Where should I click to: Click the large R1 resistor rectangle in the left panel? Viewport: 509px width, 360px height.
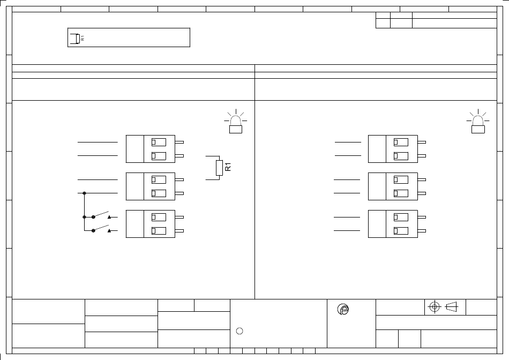219,168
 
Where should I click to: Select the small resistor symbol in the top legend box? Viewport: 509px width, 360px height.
78,38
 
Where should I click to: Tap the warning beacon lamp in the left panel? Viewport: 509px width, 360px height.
235,124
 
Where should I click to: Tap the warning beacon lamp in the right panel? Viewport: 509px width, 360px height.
477,124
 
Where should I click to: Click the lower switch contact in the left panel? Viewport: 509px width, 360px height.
102,229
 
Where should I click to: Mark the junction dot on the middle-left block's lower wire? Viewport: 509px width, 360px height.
84,192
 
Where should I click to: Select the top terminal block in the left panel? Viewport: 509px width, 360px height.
150,149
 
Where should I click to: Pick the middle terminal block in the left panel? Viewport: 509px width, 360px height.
150,186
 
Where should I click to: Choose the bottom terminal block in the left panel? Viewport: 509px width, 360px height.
150,223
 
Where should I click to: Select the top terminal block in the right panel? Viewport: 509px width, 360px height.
392,149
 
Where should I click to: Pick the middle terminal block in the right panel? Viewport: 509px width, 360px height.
392,186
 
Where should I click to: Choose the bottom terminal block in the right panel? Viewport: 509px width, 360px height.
392,223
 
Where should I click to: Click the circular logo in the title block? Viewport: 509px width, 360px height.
343,310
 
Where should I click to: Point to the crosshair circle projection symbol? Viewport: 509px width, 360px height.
435,307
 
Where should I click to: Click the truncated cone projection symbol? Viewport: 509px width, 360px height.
451,307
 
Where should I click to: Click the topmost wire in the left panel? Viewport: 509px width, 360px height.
98,142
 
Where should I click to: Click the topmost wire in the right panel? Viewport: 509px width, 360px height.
348,142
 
